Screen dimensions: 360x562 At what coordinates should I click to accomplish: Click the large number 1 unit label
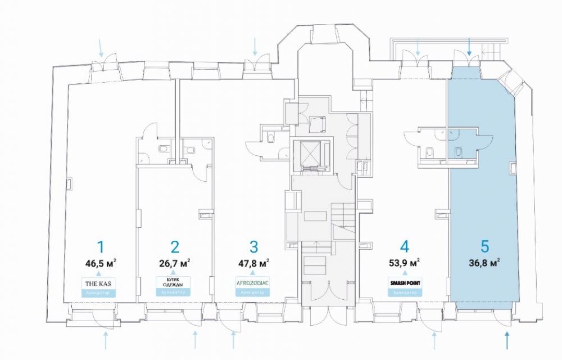click(101, 247)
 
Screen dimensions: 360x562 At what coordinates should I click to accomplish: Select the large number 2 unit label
click(175, 247)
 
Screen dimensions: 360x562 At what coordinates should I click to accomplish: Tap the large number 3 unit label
click(253, 247)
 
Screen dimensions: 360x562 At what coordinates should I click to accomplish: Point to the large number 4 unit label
click(404, 247)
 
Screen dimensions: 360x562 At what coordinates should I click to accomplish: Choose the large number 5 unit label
click(485, 246)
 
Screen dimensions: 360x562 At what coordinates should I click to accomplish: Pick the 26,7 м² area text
click(175, 262)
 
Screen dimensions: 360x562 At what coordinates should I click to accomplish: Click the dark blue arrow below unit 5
click(507, 339)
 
